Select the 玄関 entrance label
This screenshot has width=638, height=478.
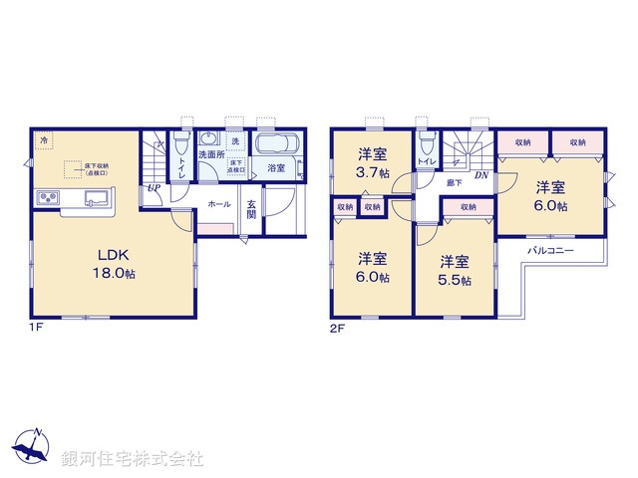[252, 209]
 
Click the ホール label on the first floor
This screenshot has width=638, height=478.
[219, 204]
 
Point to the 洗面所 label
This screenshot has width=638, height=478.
[210, 155]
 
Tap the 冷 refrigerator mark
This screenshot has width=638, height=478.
[44, 141]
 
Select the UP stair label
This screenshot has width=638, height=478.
[154, 188]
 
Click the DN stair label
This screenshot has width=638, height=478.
[480, 175]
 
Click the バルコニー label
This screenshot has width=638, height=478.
[551, 252]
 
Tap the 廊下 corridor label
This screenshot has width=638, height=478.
[454, 182]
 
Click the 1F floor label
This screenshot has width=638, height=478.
[36, 326]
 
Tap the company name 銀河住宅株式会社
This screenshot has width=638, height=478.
[133, 459]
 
